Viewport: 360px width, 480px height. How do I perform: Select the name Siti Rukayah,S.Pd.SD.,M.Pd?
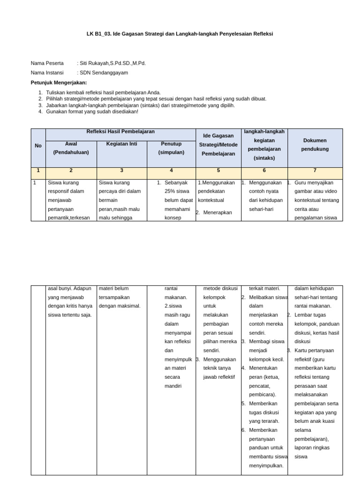(x=112, y=63)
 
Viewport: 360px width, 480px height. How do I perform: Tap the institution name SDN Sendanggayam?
(x=104, y=73)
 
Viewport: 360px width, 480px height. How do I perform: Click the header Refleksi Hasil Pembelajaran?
(x=120, y=132)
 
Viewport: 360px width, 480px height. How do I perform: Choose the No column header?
(x=38, y=146)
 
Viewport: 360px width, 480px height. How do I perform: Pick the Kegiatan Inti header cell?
(x=121, y=144)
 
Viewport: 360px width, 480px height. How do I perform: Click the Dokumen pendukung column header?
(x=315, y=145)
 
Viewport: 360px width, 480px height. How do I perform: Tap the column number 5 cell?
(x=218, y=171)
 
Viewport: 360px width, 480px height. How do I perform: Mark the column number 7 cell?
(x=315, y=171)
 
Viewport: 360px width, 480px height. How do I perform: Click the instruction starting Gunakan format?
(x=92, y=112)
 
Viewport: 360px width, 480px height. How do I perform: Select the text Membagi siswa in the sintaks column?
(x=266, y=341)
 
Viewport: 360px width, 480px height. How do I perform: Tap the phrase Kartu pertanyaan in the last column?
(x=314, y=350)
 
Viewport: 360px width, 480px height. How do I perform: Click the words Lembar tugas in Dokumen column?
(x=309, y=315)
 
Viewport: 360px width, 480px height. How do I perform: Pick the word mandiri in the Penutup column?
(x=173, y=386)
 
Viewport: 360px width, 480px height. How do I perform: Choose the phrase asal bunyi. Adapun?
(x=69, y=288)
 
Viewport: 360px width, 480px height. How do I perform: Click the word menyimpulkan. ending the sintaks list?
(x=266, y=465)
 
